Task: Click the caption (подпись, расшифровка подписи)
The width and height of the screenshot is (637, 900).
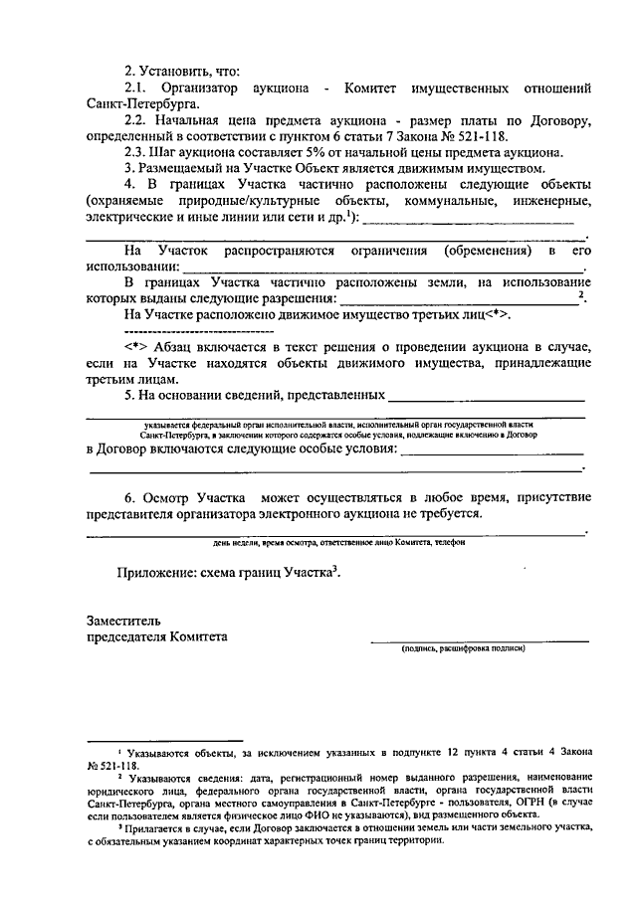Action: click(464, 649)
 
